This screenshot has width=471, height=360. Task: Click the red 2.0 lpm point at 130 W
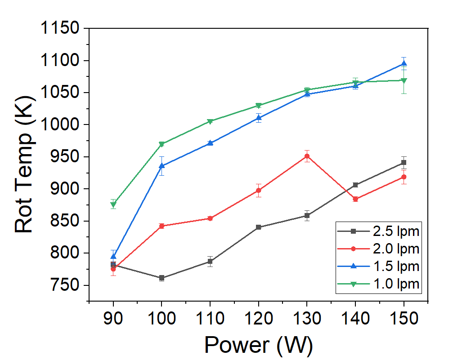[307, 156]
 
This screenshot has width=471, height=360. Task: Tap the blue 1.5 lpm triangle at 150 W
[404, 63]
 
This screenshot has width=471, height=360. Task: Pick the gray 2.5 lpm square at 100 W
[161, 278]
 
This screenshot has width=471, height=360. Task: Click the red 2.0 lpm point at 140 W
[355, 199]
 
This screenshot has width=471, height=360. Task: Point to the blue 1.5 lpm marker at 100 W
[161, 166]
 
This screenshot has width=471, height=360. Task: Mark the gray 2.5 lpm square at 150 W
[404, 162]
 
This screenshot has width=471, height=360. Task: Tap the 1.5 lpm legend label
[396, 266]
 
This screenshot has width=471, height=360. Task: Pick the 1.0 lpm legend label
[396, 284]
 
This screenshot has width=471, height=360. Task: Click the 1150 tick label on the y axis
[60, 29]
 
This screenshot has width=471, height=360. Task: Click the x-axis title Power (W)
[258, 345]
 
